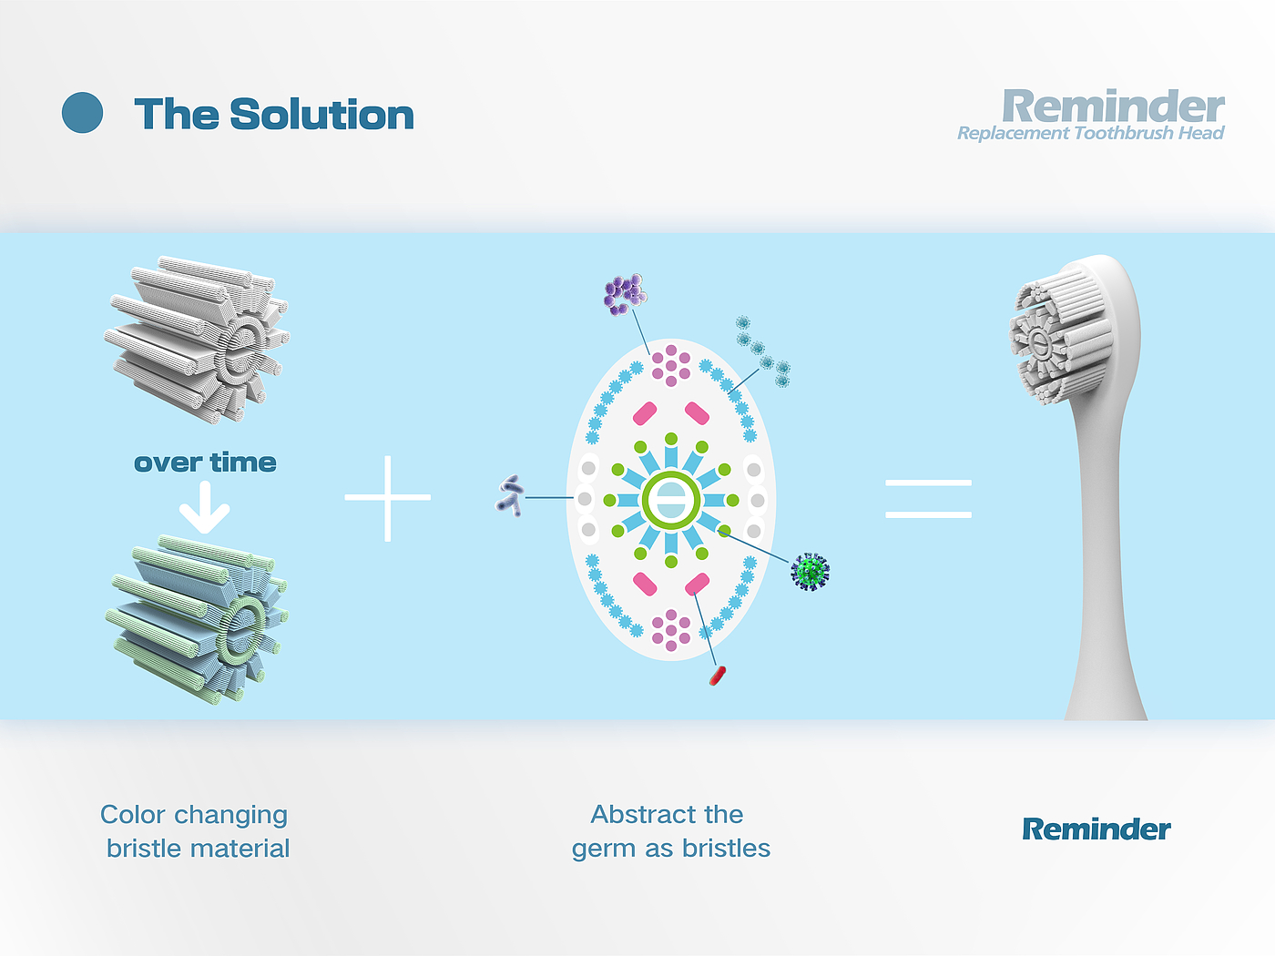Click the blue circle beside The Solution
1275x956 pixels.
(x=82, y=113)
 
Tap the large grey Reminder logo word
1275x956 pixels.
(x=1113, y=107)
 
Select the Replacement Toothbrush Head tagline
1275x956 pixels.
(x=1090, y=134)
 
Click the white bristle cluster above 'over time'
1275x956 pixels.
(x=199, y=340)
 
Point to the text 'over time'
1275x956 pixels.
(x=205, y=463)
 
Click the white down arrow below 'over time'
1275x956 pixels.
(x=204, y=508)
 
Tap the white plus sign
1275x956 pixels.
(x=388, y=498)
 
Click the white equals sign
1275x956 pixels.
(x=928, y=499)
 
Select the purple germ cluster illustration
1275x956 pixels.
(x=625, y=294)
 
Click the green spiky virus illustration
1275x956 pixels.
(x=810, y=572)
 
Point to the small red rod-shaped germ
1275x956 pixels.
(x=718, y=675)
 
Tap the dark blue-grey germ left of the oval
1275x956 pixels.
(x=510, y=495)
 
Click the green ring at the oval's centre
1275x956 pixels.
(x=671, y=499)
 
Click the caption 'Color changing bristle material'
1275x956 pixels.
(x=196, y=830)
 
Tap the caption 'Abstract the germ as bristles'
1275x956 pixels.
(x=670, y=830)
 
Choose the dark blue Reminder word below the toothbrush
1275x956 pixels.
(x=1096, y=829)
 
